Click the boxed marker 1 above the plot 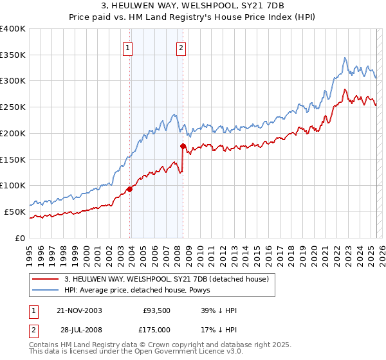pos(128,47)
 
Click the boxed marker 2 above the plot pos(181,47)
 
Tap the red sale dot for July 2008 pos(183,147)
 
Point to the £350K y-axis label pos(13,55)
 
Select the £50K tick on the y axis pos(15,212)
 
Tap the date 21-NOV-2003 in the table pos(78,310)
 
